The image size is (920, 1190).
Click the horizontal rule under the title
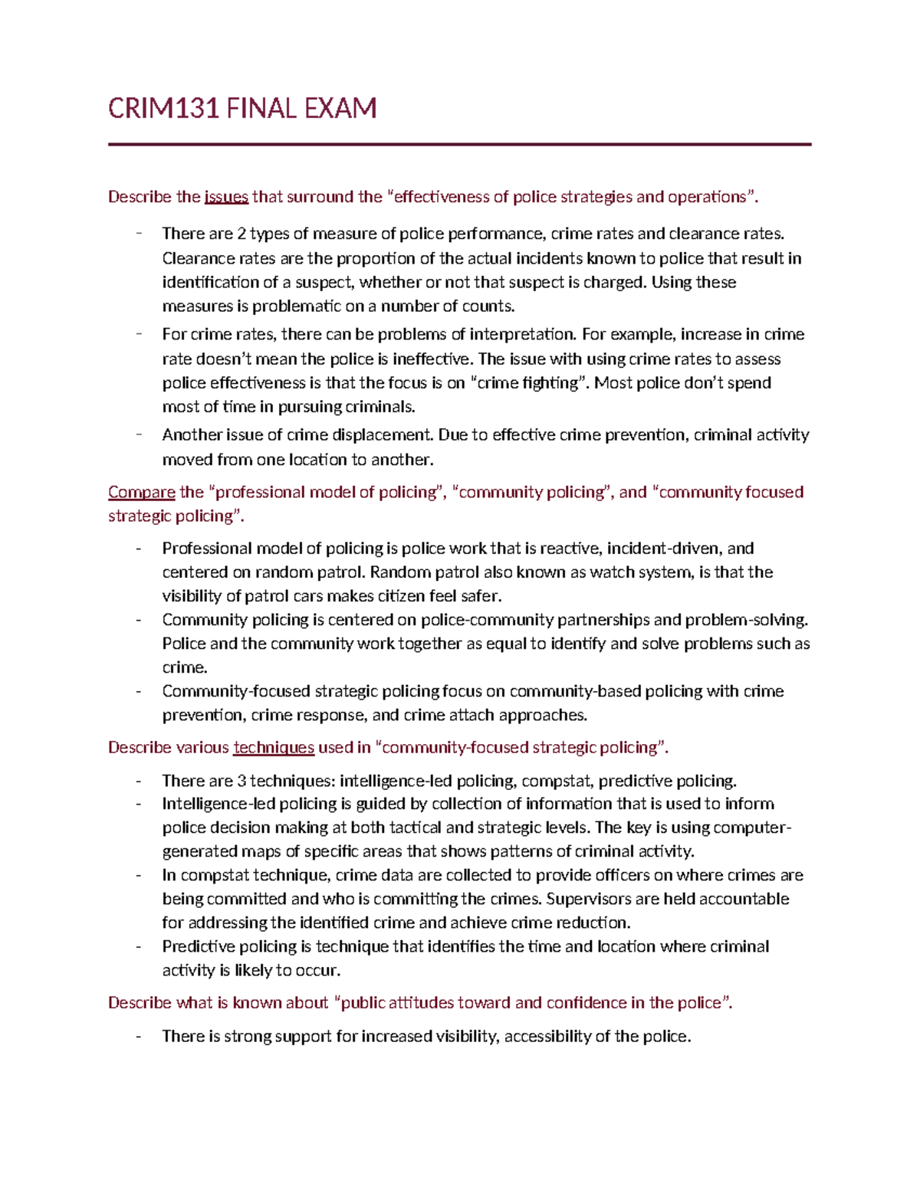(459, 144)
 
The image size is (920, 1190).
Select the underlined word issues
(226, 197)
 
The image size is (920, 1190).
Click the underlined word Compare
(141, 492)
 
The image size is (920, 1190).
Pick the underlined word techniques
(273, 747)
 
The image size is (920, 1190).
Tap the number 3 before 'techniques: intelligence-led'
(242, 781)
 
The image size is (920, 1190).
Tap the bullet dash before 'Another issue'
(139, 434)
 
